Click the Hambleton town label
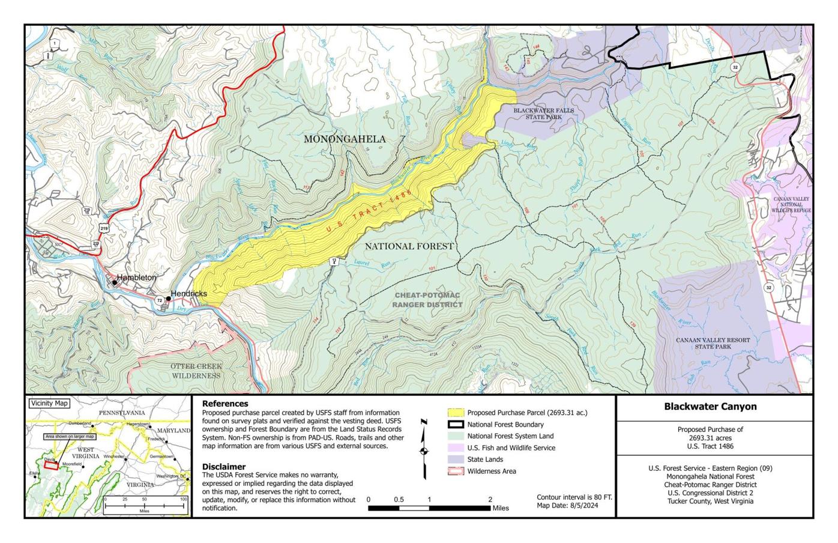pos(136,278)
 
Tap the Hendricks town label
pos(188,294)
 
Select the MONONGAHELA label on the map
pos(345,139)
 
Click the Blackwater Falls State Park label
pos(543,114)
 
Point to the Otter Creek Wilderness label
pos(196,371)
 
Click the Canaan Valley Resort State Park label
pos(713,343)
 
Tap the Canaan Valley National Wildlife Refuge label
pos(791,205)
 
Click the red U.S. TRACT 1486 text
pos(369,211)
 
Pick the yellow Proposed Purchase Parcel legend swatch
pos(456,413)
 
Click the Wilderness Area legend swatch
pos(456,472)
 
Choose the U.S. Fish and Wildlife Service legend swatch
pos(456,448)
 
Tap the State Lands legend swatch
pos(456,460)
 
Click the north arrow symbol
pos(424,449)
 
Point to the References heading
pos(225,404)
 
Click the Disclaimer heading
pos(224,466)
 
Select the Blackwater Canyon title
pos(710,407)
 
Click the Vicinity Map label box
pos(49,404)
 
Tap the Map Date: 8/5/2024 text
pos(567,506)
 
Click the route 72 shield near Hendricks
pos(159,300)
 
